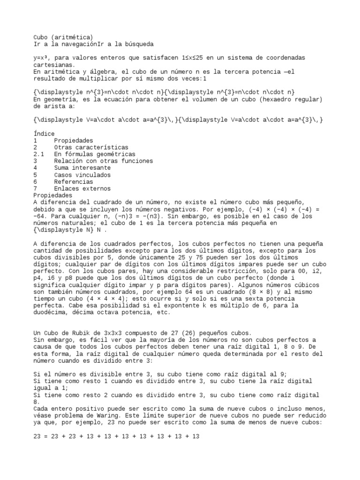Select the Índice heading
point(44,134)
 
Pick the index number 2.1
point(38,154)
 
